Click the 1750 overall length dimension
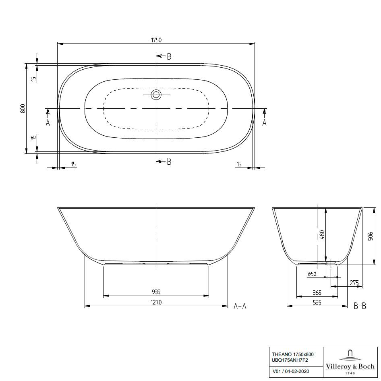coord(156,40)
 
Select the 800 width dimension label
coord(23,108)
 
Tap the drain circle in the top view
coord(156,95)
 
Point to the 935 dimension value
coord(156,292)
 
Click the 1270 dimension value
coord(156,302)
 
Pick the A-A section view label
coord(240,306)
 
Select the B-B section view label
coord(360,306)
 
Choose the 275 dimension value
coord(354,283)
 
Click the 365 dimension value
coord(317,293)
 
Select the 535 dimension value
coord(317,302)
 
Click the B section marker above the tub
coord(169,56)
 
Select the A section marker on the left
coord(48,122)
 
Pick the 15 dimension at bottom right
coord(239,164)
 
